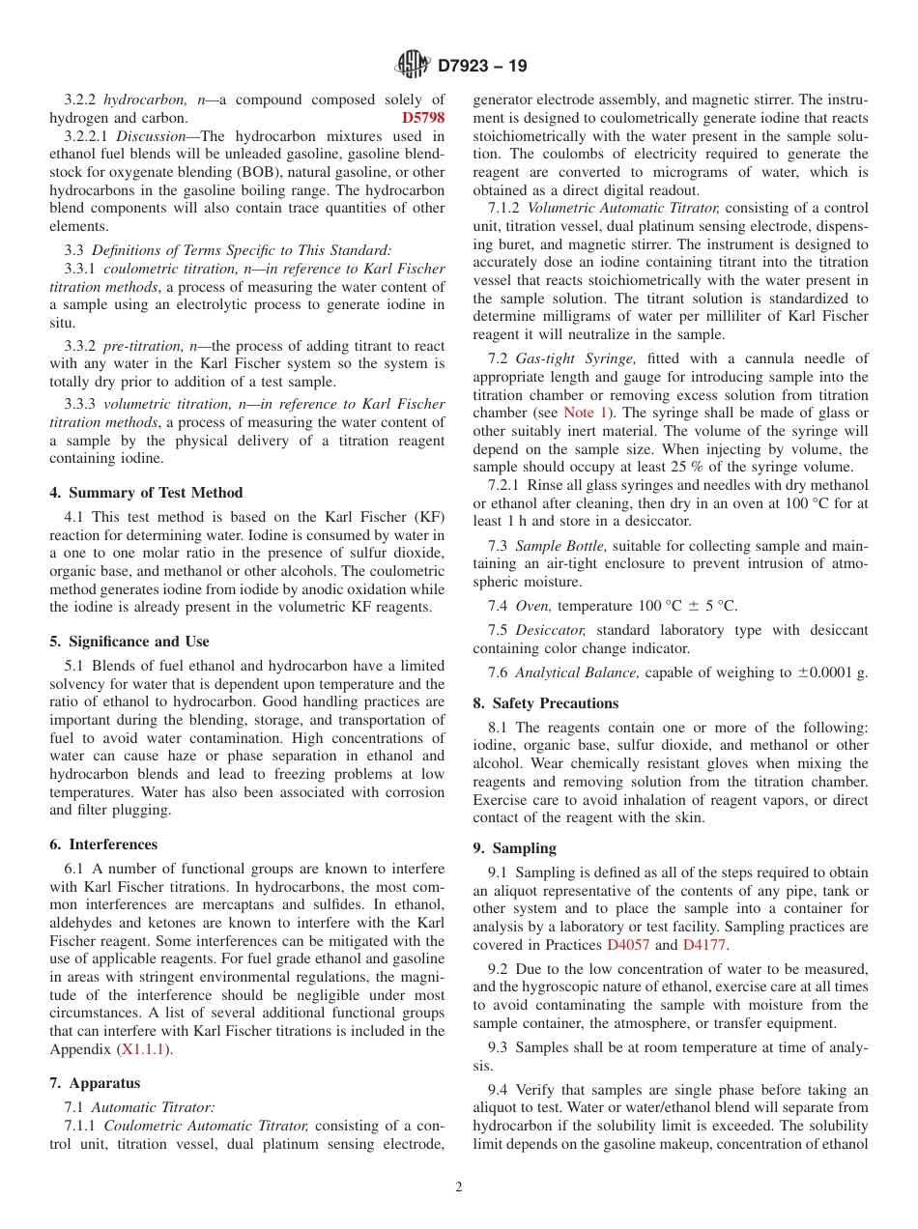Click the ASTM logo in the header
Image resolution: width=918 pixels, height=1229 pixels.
point(412,66)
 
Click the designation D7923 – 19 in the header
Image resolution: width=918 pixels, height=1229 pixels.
point(482,67)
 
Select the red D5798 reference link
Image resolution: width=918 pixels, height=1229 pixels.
point(422,118)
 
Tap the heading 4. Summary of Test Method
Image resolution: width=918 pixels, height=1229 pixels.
point(146,493)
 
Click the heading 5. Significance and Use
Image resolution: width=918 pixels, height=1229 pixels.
point(129,642)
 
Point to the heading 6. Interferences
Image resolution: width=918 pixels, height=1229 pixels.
point(103,844)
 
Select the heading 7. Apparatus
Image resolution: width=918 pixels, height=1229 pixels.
point(95,1083)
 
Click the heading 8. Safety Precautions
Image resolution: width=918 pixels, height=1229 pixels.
point(545,703)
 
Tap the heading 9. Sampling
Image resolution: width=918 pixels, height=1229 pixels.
point(514,848)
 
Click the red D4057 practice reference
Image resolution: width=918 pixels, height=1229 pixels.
point(628,945)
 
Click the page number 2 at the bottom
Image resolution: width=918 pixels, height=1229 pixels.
point(459,1187)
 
